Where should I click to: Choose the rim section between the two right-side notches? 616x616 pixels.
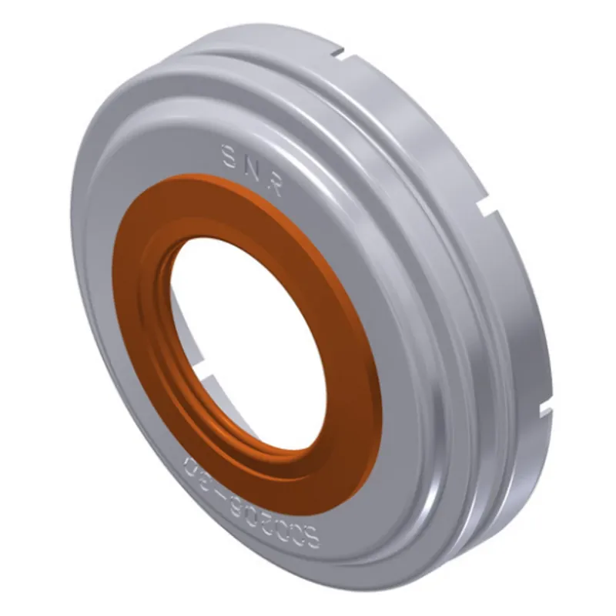[x=531, y=308]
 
